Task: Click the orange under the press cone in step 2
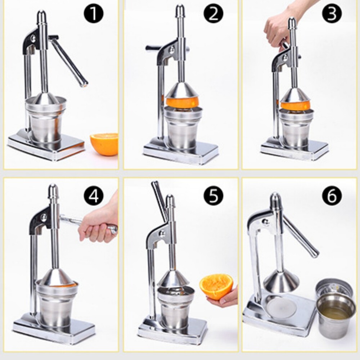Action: point(182,102)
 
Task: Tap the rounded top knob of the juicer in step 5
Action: point(170,200)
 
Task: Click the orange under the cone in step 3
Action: point(295,106)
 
